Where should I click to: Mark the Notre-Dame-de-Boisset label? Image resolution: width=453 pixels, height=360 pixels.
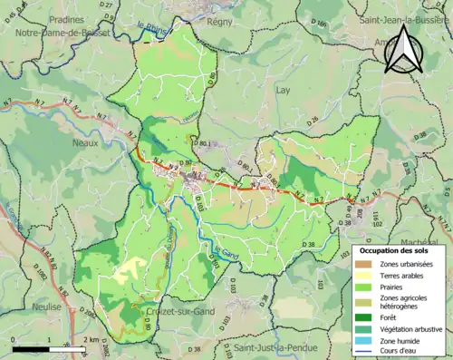(x=63, y=33)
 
